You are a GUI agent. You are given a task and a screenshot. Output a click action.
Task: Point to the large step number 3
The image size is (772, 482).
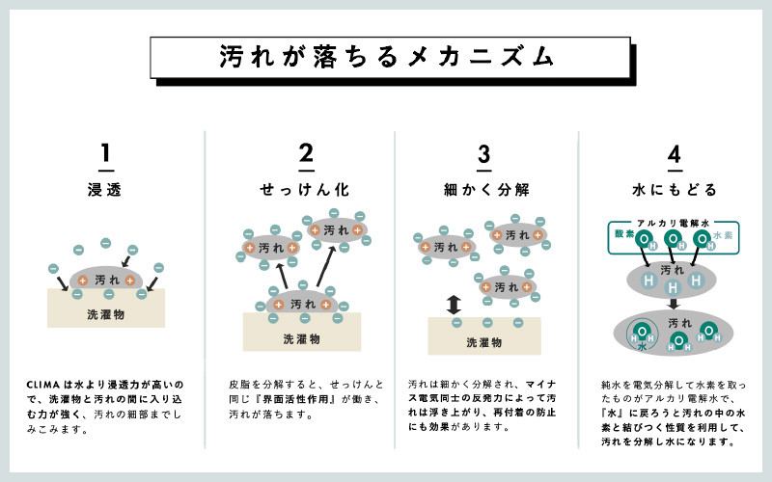[484, 154]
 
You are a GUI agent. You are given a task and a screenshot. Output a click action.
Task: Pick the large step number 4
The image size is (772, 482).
[675, 154]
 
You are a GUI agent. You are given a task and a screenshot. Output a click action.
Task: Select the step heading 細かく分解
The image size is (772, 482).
[484, 187]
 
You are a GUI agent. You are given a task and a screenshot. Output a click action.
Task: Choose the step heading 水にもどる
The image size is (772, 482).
[675, 187]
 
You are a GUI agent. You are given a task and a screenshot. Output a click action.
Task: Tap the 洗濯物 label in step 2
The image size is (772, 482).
[301, 338]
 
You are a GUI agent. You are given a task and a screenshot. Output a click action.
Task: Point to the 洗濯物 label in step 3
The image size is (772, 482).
[483, 341]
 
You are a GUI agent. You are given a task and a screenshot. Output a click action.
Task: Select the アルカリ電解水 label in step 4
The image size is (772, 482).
[673, 222]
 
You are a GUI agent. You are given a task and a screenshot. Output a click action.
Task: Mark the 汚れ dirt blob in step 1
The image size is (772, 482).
[107, 279]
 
